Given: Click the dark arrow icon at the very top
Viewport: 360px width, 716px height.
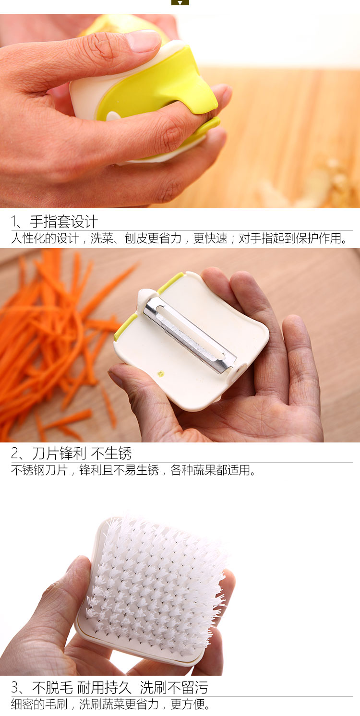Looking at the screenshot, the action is [x=180, y=2].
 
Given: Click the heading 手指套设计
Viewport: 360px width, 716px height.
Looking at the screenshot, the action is [x=64, y=222].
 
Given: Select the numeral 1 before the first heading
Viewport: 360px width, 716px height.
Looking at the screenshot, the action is [x=14, y=222].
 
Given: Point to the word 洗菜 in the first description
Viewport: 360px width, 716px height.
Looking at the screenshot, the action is [x=102, y=239].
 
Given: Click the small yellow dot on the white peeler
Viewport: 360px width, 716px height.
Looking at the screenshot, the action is [x=161, y=373].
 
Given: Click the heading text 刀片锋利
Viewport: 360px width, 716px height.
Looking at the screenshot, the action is [x=59, y=453].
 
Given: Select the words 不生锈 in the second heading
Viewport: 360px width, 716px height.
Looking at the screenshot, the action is [x=111, y=453].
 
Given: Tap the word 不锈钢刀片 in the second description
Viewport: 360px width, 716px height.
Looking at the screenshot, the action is [x=39, y=470].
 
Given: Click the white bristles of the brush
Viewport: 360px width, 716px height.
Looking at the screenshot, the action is [x=156, y=582].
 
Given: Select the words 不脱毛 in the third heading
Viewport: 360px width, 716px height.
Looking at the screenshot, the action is [x=52, y=688].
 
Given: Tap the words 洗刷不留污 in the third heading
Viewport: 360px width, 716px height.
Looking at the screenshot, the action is [x=174, y=688].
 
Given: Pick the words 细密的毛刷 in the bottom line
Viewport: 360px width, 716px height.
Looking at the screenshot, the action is [x=39, y=704].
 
